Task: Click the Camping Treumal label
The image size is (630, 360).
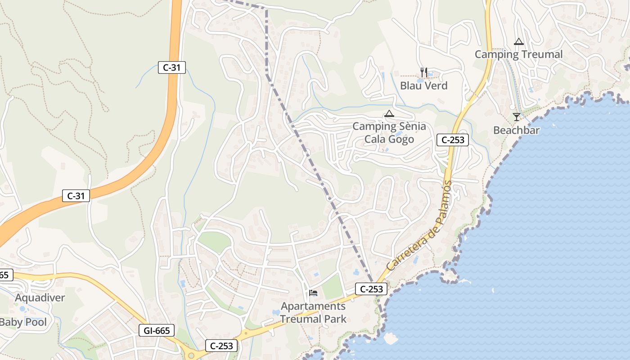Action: [518, 54]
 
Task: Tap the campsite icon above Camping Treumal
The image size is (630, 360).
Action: [518, 42]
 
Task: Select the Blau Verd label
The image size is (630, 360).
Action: [424, 85]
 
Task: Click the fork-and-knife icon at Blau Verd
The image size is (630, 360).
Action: [423, 72]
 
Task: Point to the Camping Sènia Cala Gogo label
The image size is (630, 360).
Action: [389, 132]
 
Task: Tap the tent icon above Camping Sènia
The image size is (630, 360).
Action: [389, 113]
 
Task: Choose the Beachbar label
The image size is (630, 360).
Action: [516, 130]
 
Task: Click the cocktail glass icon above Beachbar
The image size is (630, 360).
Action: [516, 117]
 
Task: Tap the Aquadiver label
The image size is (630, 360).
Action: [40, 297]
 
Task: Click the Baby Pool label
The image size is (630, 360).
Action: [22, 322]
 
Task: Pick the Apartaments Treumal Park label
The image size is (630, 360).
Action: [313, 313]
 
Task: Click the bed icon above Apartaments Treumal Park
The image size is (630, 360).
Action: [313, 293]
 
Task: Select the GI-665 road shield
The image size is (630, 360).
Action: [157, 331]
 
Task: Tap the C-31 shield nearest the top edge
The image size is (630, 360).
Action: [172, 68]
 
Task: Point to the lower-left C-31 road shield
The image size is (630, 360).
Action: [76, 196]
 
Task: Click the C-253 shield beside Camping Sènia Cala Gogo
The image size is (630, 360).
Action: [453, 140]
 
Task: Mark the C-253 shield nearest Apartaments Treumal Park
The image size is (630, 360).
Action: [371, 289]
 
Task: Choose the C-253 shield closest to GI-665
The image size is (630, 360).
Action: [221, 346]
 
